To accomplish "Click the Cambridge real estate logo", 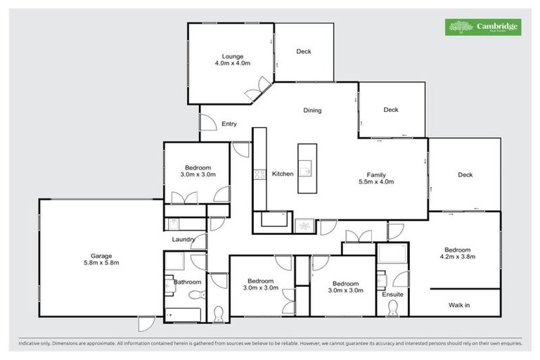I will [x=483, y=27].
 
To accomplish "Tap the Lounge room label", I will [x=232, y=56].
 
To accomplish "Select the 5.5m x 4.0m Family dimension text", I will [x=375, y=181].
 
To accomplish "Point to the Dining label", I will [x=312, y=110].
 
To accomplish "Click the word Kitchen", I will [x=283, y=174].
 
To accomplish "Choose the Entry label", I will [x=229, y=124].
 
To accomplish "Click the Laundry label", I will [x=184, y=240].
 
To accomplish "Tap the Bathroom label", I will [x=188, y=282].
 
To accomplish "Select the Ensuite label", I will [x=392, y=294].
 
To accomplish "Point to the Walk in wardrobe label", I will [x=459, y=304].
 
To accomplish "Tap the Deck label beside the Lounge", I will [x=303, y=51].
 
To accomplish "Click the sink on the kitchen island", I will [x=307, y=169].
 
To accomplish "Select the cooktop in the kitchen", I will [x=259, y=174].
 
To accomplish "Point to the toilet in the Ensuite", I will [x=392, y=308].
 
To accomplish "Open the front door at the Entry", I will [x=207, y=123].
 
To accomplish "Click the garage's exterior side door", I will [x=146, y=324].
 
